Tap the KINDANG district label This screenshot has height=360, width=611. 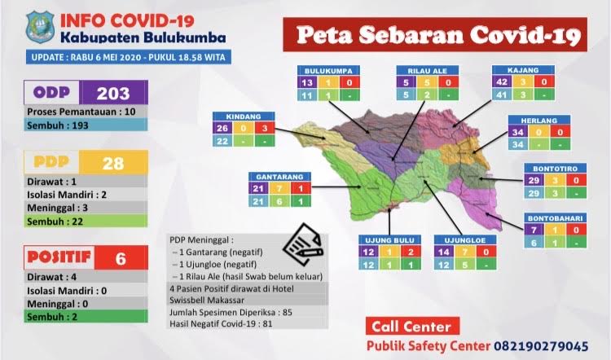[x=242, y=116]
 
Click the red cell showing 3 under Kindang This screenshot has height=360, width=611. [x=263, y=128]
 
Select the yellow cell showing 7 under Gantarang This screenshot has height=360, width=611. [x=281, y=188]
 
